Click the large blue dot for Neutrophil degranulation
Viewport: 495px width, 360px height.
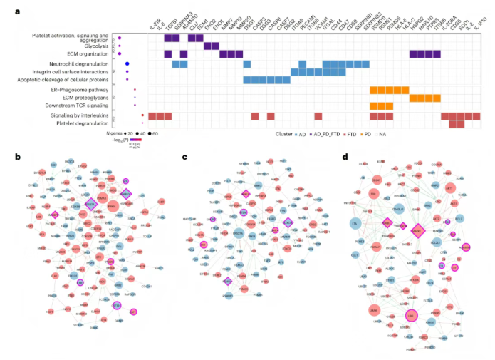127,64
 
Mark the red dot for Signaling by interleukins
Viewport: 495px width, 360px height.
142,115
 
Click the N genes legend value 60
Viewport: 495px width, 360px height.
155,133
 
